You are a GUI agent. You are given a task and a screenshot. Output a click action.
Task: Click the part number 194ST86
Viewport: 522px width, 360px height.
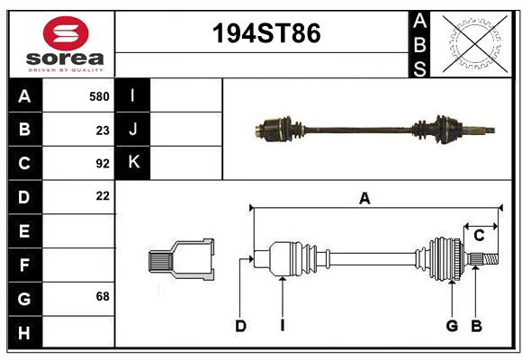click(x=265, y=34)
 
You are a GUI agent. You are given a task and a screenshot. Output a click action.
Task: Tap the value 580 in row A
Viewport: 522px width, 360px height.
click(x=99, y=96)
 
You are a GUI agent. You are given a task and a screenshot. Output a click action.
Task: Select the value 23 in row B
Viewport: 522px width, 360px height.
click(x=103, y=130)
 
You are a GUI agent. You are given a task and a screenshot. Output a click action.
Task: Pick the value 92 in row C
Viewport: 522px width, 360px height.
click(x=103, y=164)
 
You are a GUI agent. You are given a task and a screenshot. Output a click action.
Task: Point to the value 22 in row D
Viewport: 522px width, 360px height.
click(x=103, y=195)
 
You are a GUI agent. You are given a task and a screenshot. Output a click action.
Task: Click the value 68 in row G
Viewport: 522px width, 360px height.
click(x=103, y=296)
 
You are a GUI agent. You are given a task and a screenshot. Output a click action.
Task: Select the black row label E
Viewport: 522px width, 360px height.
click(x=24, y=231)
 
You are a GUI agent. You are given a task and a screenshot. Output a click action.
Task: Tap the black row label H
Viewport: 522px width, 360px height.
click(x=24, y=333)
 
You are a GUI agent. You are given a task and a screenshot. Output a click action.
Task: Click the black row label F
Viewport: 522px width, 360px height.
click(x=24, y=265)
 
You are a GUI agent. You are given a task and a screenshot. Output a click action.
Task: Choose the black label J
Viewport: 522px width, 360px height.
click(x=133, y=130)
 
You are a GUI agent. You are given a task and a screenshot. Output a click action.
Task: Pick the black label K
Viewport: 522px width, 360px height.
click(x=133, y=163)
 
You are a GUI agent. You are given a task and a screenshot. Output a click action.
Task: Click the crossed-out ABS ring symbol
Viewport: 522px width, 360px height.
click(x=473, y=42)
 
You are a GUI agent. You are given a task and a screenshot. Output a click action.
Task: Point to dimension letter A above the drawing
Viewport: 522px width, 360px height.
click(x=364, y=198)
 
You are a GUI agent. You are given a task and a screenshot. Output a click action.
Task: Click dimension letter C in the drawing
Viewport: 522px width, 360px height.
click(x=480, y=236)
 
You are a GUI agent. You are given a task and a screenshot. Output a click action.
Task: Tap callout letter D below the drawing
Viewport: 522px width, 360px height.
click(x=240, y=326)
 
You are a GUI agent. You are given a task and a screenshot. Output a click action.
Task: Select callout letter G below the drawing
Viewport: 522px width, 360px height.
click(x=452, y=326)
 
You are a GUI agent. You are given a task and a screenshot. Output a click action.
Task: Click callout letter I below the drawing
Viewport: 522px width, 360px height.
click(x=282, y=326)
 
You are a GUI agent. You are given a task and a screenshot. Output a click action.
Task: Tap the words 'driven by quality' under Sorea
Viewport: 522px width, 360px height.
click(x=66, y=69)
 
